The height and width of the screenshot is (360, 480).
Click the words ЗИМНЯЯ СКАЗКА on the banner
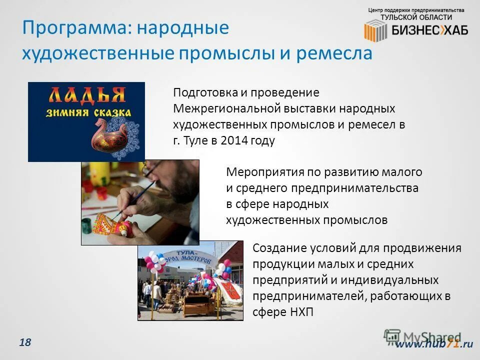click(x=86, y=112)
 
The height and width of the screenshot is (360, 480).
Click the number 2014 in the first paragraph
click(x=231, y=141)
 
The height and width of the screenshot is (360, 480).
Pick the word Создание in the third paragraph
click(x=276, y=248)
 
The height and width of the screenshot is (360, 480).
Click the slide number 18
click(x=25, y=342)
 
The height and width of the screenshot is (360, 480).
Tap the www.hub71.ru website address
click(x=434, y=343)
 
